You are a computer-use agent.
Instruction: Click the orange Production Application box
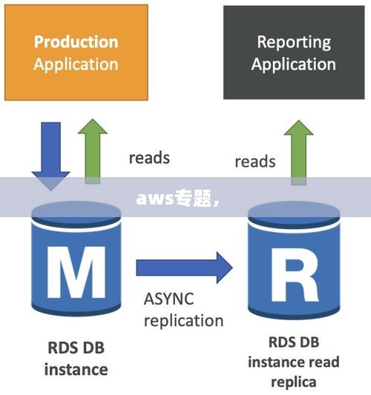pos(76,53)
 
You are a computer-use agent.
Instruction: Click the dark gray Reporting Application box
pos(294,53)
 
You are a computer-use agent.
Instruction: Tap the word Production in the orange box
pos(76,42)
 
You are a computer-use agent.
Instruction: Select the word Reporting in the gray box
pos(294,42)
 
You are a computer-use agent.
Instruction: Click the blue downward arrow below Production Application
pos(50,156)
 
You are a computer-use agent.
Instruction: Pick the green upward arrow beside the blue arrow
pos(93,151)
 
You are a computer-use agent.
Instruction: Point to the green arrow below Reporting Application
pos(298,153)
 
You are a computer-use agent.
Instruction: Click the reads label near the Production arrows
pos(149,158)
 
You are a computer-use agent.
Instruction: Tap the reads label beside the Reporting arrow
pos(255,162)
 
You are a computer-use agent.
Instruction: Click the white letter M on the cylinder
pos(76,272)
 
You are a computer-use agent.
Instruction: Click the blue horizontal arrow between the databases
pos(184,268)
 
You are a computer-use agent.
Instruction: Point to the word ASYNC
pos(168,299)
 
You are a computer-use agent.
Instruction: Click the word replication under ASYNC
pos(183,321)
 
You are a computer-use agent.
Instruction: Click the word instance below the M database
pos(76,370)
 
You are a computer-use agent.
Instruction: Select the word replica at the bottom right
pos(294,382)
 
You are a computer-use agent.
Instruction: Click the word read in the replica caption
pos(324,362)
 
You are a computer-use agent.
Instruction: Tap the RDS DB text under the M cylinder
pos(76,348)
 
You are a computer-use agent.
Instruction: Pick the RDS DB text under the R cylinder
pos(294,342)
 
